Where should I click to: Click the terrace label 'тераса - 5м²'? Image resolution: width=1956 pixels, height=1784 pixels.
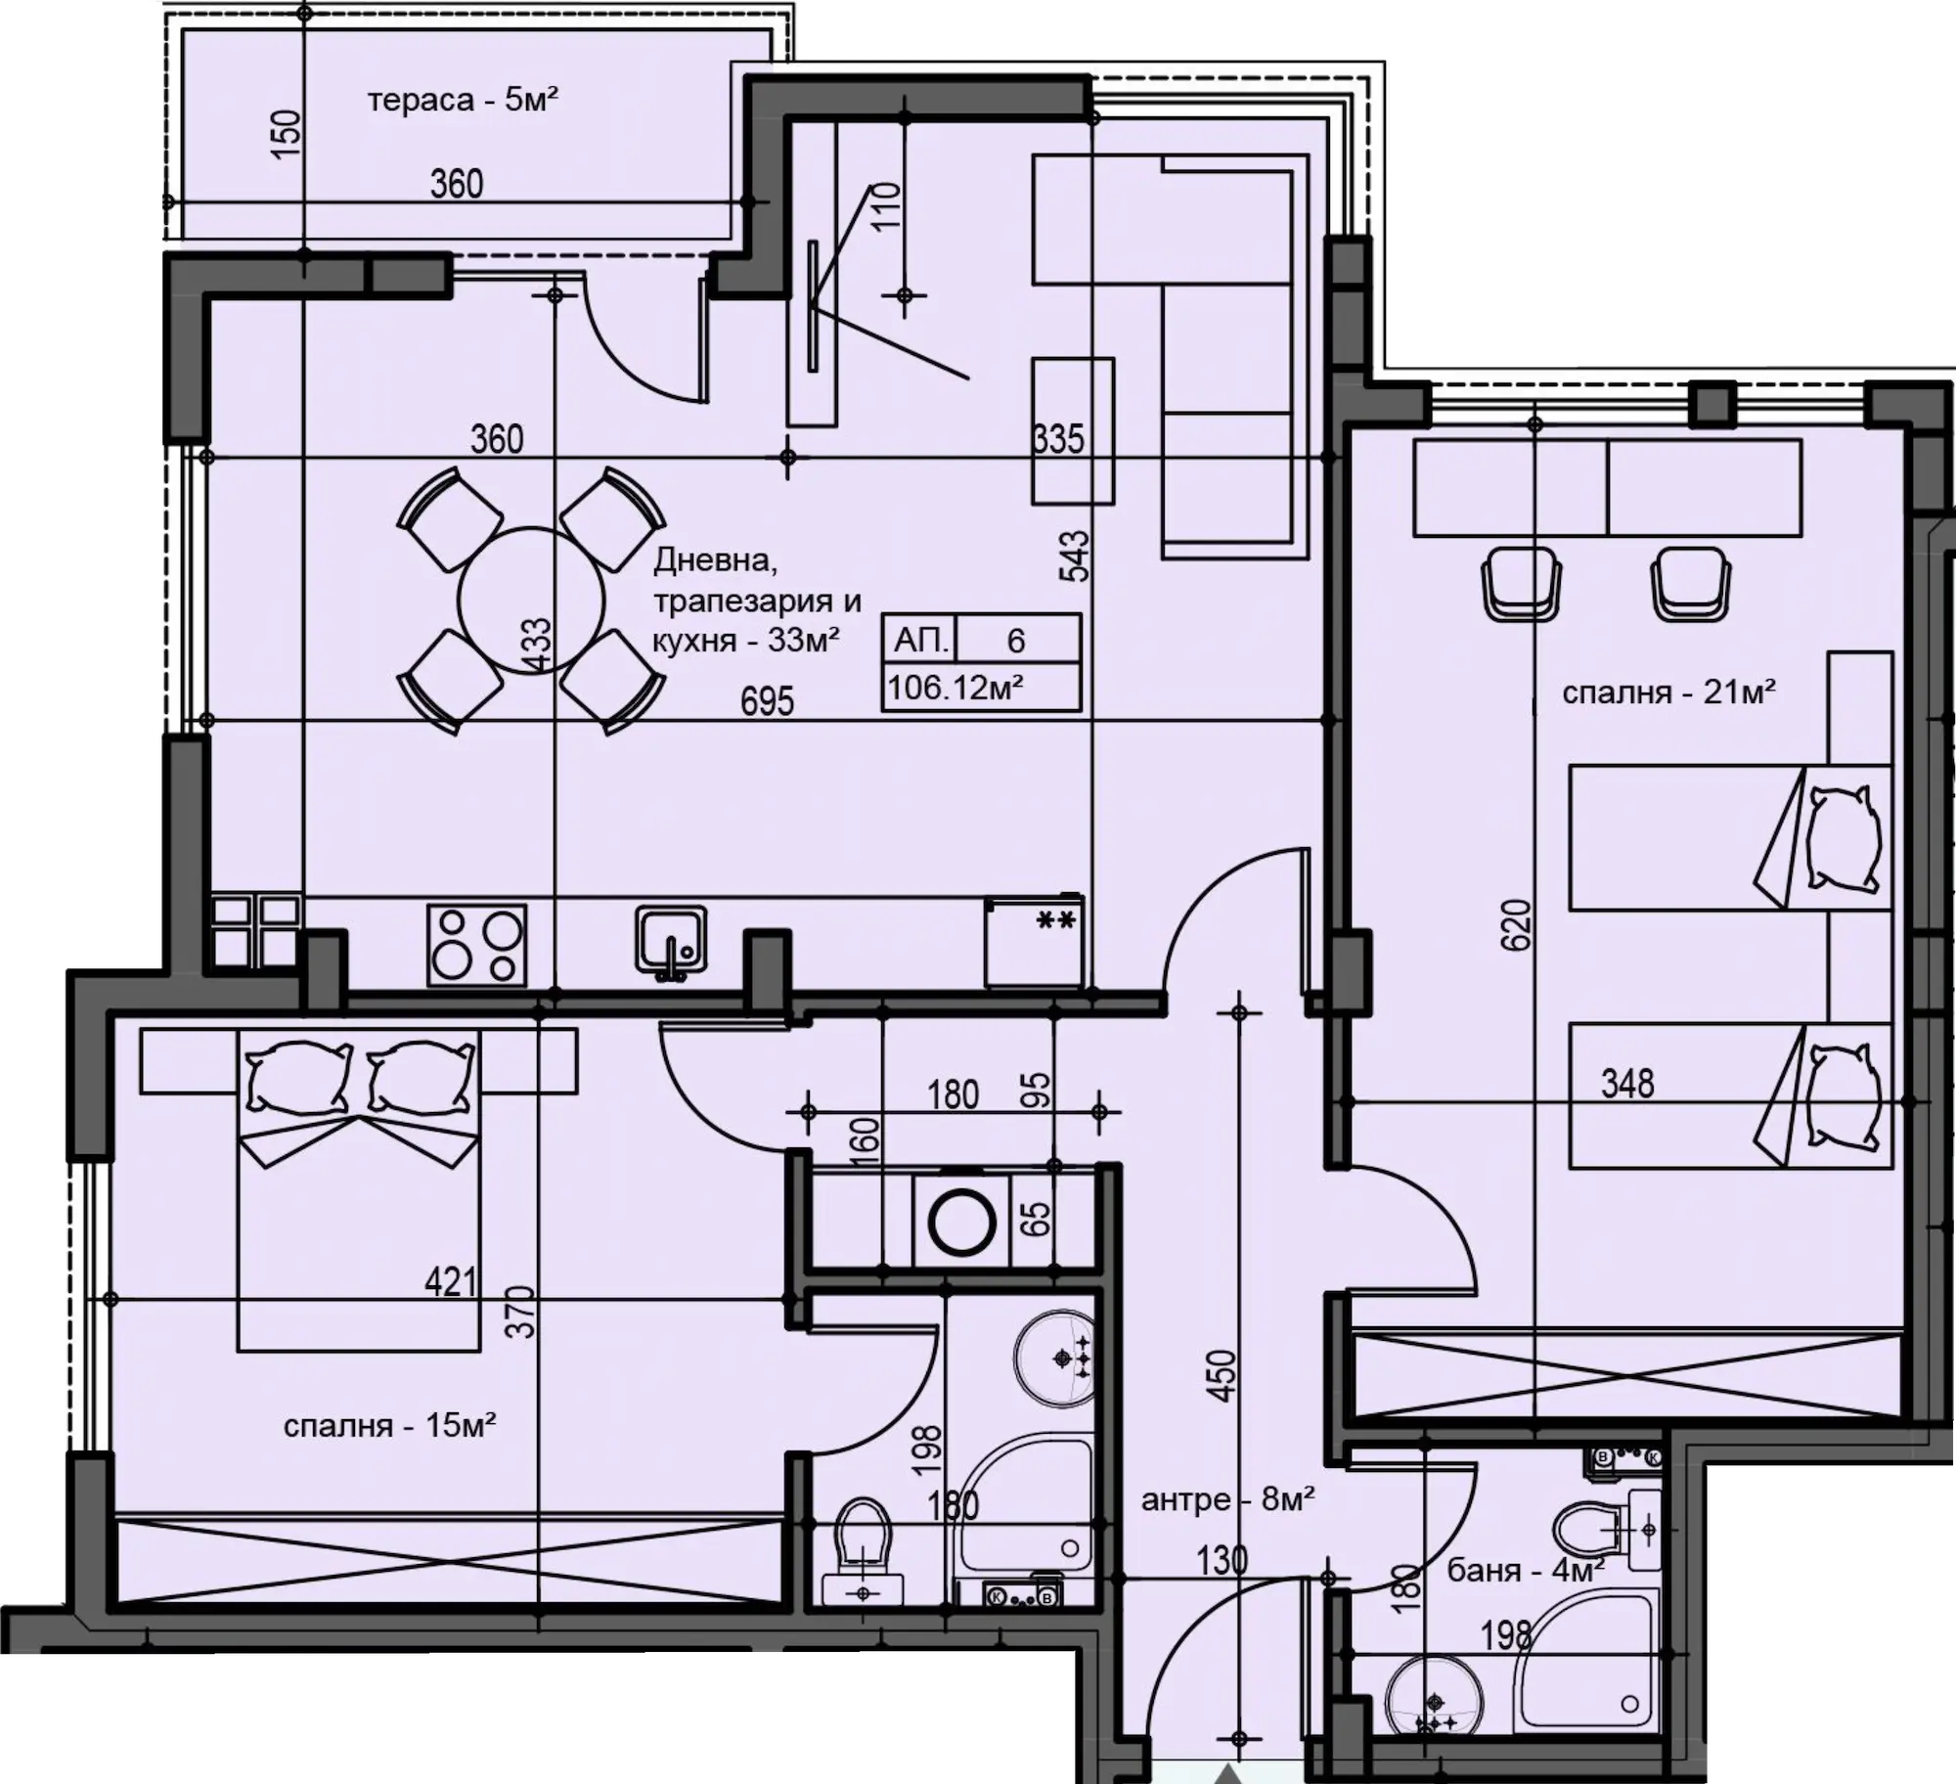click(463, 100)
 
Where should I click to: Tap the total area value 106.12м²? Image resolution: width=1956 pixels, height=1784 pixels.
click(956, 688)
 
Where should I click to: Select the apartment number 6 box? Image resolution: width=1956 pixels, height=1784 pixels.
click(1017, 640)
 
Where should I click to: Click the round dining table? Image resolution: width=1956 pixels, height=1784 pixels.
click(531, 601)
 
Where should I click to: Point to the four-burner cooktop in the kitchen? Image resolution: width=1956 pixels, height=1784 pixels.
click(476, 944)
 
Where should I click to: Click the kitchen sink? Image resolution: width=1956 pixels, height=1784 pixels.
click(671, 941)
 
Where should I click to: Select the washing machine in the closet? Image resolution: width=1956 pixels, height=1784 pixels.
click(961, 1221)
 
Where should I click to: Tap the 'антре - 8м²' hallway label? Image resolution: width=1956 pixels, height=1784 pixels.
click(1227, 1498)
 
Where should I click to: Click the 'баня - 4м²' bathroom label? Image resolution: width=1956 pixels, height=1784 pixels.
click(1525, 1570)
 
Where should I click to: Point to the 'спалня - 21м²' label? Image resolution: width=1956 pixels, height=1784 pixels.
click(1668, 692)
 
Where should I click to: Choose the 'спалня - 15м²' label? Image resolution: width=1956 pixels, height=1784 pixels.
click(389, 1425)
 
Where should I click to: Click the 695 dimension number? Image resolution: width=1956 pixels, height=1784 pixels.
click(767, 701)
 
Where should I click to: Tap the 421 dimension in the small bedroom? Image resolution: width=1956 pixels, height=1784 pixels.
click(451, 1281)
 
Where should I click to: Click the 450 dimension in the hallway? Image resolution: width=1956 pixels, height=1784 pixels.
click(1222, 1376)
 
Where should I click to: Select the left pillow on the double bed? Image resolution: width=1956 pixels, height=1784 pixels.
click(298, 1076)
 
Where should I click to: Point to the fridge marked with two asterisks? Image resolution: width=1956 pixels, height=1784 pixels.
click(1034, 941)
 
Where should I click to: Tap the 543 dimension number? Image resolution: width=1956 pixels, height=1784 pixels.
click(1074, 555)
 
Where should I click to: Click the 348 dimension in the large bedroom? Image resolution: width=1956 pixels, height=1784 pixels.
click(1627, 1084)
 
